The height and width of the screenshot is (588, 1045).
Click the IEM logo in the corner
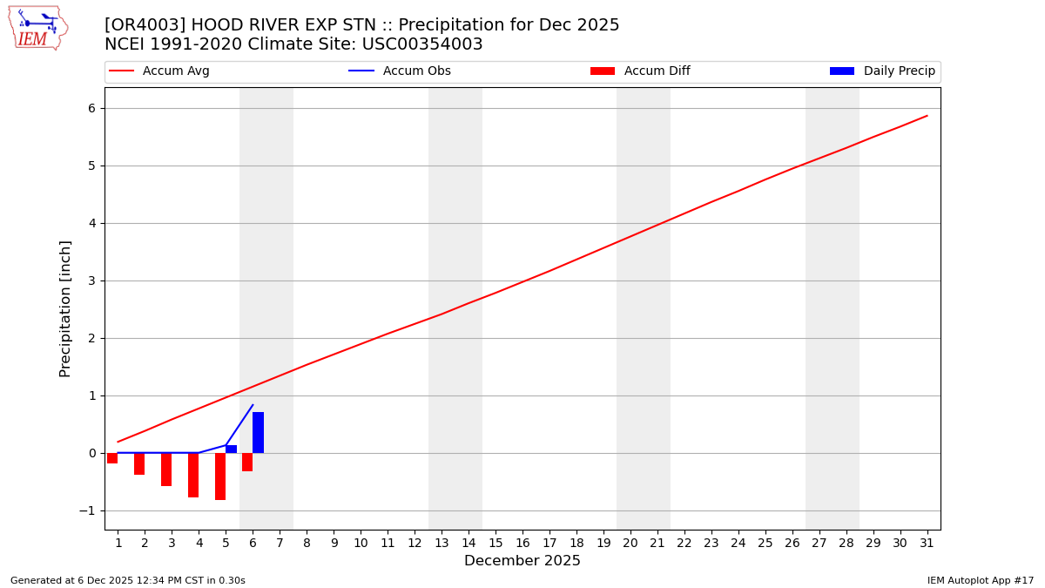[37, 28]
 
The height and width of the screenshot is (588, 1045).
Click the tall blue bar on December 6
[259, 432]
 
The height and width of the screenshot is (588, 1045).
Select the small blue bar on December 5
[232, 449]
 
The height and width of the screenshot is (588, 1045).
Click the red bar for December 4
[193, 475]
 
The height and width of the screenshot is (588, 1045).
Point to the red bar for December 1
[112, 458]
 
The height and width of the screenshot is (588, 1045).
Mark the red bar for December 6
[247, 462]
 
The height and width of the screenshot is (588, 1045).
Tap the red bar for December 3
[166, 470]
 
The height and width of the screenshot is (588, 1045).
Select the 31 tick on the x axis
[927, 543]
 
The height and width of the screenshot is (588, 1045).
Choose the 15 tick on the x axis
[496, 543]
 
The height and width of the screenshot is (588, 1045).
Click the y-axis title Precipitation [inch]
[65, 308]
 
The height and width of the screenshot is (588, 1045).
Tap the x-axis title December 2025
[522, 561]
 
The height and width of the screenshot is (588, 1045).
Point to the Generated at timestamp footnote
[128, 580]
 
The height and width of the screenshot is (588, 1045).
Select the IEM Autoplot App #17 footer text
[981, 580]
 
